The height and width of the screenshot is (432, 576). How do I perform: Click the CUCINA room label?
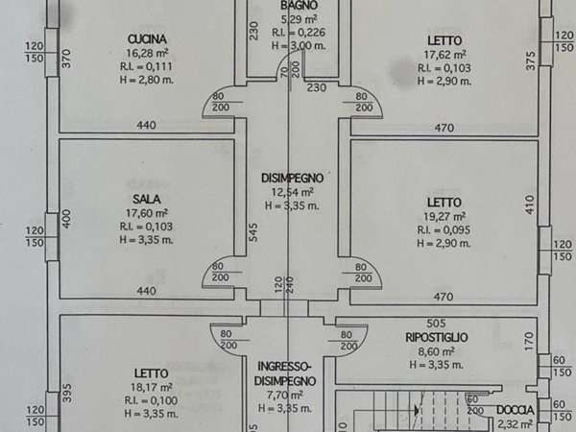(148, 38)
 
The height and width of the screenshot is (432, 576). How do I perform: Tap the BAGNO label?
(292, 5)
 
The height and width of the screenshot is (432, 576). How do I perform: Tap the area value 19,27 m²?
(444, 216)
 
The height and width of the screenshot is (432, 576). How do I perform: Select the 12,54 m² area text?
(292, 192)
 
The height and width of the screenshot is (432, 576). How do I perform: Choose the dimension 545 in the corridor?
(252, 232)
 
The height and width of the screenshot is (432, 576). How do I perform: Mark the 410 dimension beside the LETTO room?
(527, 204)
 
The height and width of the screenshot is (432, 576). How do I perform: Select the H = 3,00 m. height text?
(292, 44)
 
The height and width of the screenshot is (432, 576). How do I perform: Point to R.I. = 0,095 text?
(444, 229)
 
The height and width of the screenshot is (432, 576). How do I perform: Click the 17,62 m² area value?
(444, 55)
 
